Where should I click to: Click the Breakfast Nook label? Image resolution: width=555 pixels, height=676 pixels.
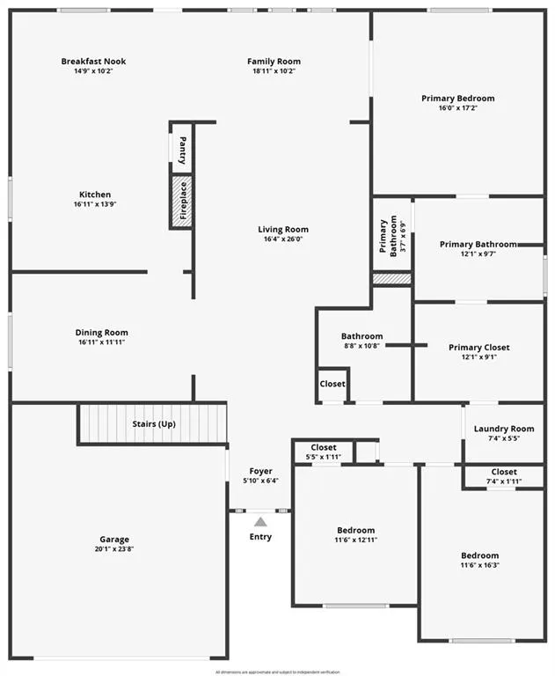click(x=93, y=61)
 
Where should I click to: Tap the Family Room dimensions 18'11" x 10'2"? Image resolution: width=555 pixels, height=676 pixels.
click(x=274, y=71)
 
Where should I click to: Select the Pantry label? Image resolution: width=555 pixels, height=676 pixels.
click(x=182, y=151)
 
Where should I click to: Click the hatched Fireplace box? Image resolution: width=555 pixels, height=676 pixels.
click(x=182, y=202)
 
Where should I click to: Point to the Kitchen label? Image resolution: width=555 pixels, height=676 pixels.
click(x=95, y=195)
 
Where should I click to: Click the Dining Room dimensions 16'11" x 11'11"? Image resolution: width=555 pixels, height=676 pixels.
click(x=101, y=342)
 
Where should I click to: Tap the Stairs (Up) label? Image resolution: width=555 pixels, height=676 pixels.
click(x=154, y=423)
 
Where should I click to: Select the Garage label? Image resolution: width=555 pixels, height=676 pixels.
click(x=114, y=540)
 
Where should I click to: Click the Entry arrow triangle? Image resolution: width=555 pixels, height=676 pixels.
click(x=260, y=522)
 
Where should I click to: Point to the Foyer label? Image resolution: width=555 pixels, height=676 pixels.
click(x=260, y=471)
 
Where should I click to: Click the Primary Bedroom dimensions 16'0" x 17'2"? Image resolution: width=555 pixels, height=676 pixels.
click(x=457, y=108)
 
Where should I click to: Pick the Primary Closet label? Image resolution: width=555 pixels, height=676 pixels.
click(x=478, y=348)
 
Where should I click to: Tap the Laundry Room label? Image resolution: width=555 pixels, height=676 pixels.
click(x=504, y=429)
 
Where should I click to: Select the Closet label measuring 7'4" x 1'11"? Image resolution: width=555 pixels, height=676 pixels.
click(x=504, y=472)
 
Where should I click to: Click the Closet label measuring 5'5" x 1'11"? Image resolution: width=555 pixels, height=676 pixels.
click(x=324, y=448)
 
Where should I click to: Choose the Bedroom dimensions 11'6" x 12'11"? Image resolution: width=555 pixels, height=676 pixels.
click(x=355, y=540)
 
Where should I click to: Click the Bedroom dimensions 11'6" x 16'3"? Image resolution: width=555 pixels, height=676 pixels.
click(x=479, y=565)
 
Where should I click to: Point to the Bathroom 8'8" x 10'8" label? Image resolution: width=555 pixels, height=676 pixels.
click(x=361, y=336)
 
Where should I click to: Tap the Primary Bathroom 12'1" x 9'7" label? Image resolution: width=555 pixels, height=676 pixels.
click(x=478, y=244)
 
